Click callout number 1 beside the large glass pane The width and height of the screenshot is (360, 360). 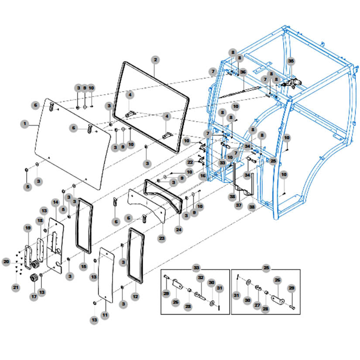coord(25,124)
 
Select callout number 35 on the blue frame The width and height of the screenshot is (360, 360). coord(291,61)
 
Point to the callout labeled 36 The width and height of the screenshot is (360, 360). coord(243,72)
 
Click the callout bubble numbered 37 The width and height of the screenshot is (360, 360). coord(239,205)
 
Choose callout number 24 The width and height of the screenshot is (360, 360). coord(178,228)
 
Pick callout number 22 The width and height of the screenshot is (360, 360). coord(190,162)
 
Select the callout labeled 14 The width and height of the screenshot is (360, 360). coord(55,202)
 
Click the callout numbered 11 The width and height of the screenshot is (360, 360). coord(105,314)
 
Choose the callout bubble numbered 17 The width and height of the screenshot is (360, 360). coord(33,297)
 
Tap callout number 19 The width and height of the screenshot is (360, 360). coord(27,228)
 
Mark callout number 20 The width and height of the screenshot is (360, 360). coord(6,262)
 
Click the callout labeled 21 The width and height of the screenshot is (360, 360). coord(16,287)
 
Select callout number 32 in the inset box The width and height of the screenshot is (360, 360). coord(200,278)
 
